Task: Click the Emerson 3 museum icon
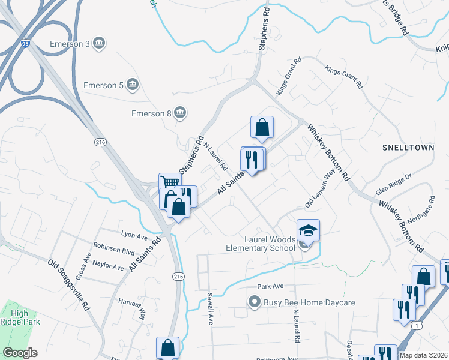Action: (x=100, y=43)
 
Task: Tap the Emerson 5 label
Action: (x=103, y=85)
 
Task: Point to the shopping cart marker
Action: (x=170, y=182)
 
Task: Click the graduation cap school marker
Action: (x=308, y=230)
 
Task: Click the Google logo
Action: (x=20, y=353)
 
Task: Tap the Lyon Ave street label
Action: (x=134, y=235)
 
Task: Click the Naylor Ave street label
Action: (x=108, y=265)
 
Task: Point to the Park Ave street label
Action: (x=270, y=286)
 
